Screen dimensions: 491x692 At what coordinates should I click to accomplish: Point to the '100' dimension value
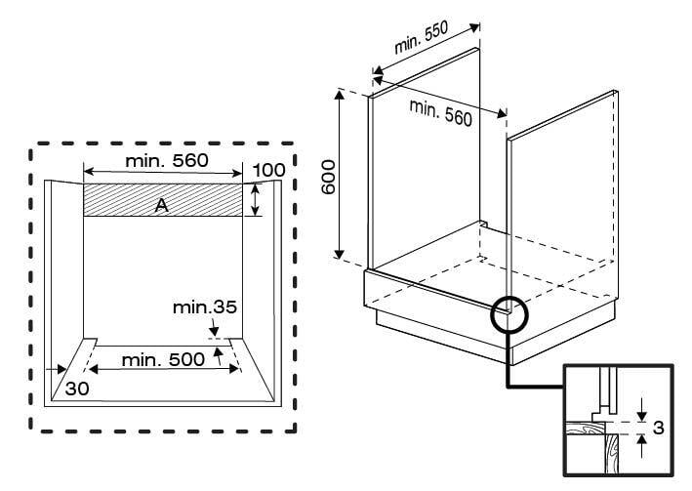267,171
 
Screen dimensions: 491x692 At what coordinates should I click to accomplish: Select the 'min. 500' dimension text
162,359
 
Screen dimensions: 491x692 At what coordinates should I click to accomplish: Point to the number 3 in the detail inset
659,429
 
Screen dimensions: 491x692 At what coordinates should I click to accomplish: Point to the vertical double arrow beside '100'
255,200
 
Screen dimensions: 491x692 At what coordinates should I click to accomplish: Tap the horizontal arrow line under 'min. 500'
162,347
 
